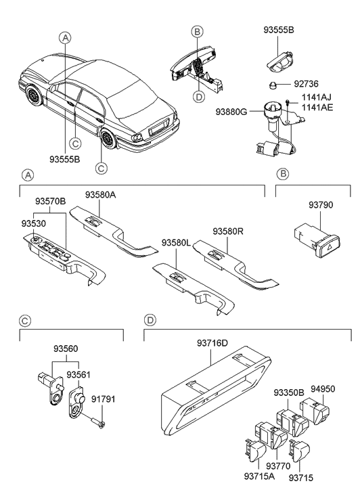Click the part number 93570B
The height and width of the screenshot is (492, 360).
tap(51, 202)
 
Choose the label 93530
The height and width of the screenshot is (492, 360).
tap(35, 222)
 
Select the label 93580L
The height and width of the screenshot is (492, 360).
tap(177, 242)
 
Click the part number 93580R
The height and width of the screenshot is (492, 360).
tap(228, 231)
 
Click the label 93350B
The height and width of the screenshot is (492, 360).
tap(289, 393)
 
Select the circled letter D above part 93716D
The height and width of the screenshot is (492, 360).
tap(151, 318)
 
